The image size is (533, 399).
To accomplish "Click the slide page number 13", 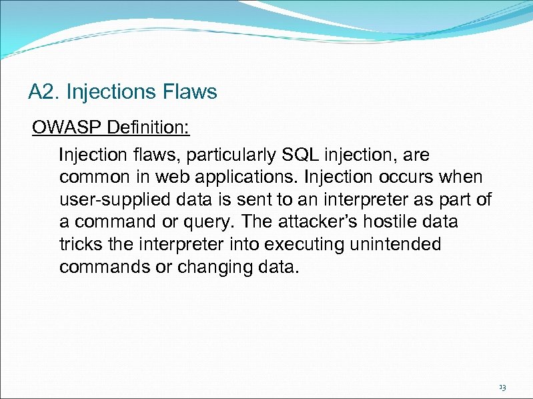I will coord(502,386).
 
